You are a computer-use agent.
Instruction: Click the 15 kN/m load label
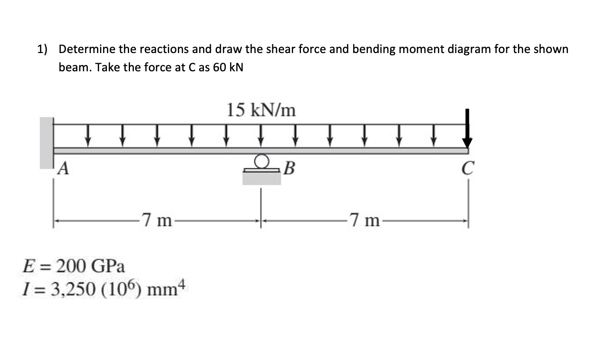pos(261,110)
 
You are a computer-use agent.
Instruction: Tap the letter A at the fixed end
pos(64,167)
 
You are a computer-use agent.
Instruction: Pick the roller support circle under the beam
pos(261,161)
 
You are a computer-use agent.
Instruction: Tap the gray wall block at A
pos(46,143)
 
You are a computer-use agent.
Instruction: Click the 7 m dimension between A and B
pos(156,221)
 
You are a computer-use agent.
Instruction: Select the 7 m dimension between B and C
pos(364,221)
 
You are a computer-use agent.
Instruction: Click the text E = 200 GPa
pos(73,265)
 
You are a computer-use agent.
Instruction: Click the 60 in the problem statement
pos(220,68)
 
